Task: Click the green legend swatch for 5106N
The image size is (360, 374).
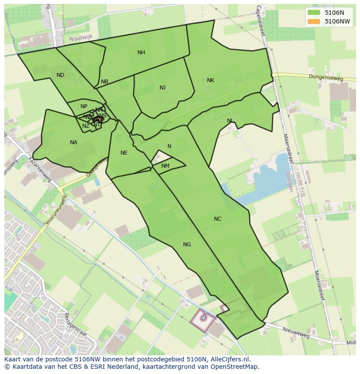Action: [313, 13]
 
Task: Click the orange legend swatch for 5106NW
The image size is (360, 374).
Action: [313, 21]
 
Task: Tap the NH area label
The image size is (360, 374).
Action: [141, 53]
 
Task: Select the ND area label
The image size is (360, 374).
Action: [60, 75]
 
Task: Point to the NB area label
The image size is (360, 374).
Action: [104, 82]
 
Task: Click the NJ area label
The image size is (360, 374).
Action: [163, 88]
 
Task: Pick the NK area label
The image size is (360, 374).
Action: [210, 80]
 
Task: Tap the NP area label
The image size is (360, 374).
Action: [84, 106]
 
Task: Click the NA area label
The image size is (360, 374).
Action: [73, 142]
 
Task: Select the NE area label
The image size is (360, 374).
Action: [124, 153]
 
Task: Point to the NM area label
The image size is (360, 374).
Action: [165, 166]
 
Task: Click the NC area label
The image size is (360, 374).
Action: [217, 219]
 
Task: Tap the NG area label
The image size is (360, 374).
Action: [187, 245]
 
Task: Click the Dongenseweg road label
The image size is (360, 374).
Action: [326, 78]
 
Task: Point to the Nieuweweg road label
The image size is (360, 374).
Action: [296, 333]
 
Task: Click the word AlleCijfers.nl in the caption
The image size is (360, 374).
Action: [229, 359]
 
